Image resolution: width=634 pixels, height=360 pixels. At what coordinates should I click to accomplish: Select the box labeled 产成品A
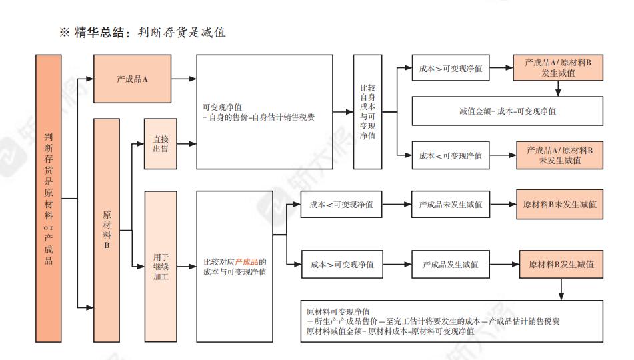(x=132, y=79)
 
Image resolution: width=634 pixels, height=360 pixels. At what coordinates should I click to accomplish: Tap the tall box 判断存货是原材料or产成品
(x=49, y=198)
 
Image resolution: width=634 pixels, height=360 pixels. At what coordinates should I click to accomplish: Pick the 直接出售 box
(x=160, y=143)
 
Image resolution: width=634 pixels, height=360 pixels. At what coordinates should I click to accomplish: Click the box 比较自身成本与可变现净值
(x=367, y=111)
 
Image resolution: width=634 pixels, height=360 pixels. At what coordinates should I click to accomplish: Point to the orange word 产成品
(x=247, y=261)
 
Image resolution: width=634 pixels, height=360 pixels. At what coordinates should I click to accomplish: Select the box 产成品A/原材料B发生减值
(x=558, y=68)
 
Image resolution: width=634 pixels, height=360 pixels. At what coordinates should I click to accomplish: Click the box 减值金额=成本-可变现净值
(x=507, y=111)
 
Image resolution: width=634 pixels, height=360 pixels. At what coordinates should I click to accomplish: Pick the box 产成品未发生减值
(x=450, y=205)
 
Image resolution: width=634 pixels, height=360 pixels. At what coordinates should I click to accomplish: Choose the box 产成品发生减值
(x=450, y=265)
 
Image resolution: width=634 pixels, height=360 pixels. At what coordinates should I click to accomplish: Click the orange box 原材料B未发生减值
(x=560, y=205)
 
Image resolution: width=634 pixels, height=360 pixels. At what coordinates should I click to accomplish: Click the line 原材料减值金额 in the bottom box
(x=391, y=331)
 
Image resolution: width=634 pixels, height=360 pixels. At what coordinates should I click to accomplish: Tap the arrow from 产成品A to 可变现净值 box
(x=183, y=79)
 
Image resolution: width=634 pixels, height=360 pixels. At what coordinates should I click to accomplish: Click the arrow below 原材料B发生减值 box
(x=561, y=289)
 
